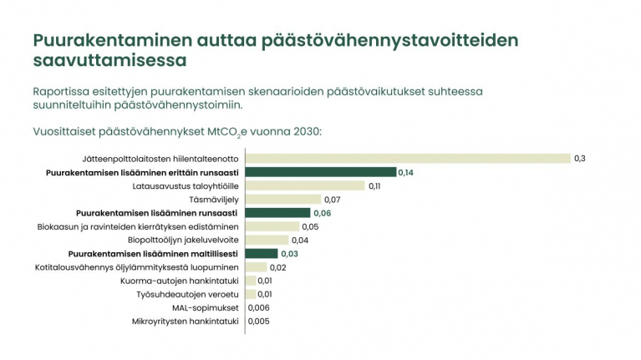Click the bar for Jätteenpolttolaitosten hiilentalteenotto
pos(407,159)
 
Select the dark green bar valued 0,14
pos(320,172)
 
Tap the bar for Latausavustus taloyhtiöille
pos(304,185)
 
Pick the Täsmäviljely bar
pos(282,200)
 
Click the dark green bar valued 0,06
pos(277,213)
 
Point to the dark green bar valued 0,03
pos(261,253)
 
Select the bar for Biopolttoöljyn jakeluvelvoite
pos(267,240)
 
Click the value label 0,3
pos(579,159)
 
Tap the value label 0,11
pos(375,185)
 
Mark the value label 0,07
pos(333,200)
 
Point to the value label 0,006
pos(259,307)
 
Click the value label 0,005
pos(259,321)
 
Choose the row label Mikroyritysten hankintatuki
pos(186,321)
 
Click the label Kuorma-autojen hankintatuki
pos(180,281)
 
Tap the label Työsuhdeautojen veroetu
pos(187,294)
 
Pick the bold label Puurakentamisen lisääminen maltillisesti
pos(154,253)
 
